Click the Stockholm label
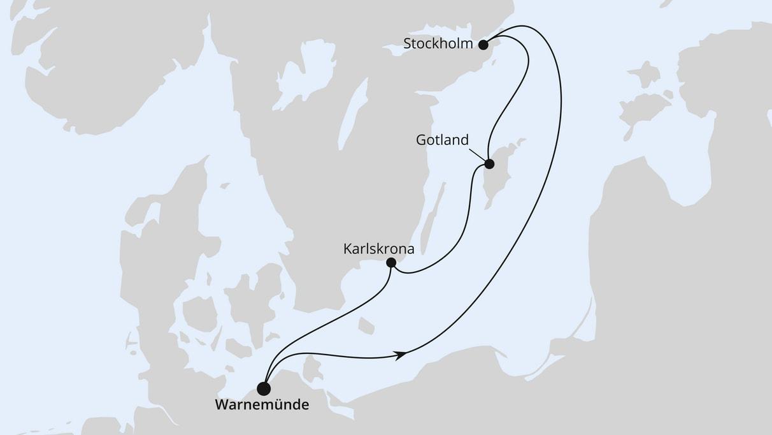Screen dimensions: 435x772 (438, 44)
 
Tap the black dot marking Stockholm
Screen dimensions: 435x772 (483, 45)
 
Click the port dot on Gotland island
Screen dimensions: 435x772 (489, 164)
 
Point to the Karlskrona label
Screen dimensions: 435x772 (378, 249)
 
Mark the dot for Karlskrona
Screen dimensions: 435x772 (391, 263)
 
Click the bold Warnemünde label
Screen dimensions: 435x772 (262, 404)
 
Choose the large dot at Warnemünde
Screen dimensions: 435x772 (263, 387)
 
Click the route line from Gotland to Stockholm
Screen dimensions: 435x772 (510, 102)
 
